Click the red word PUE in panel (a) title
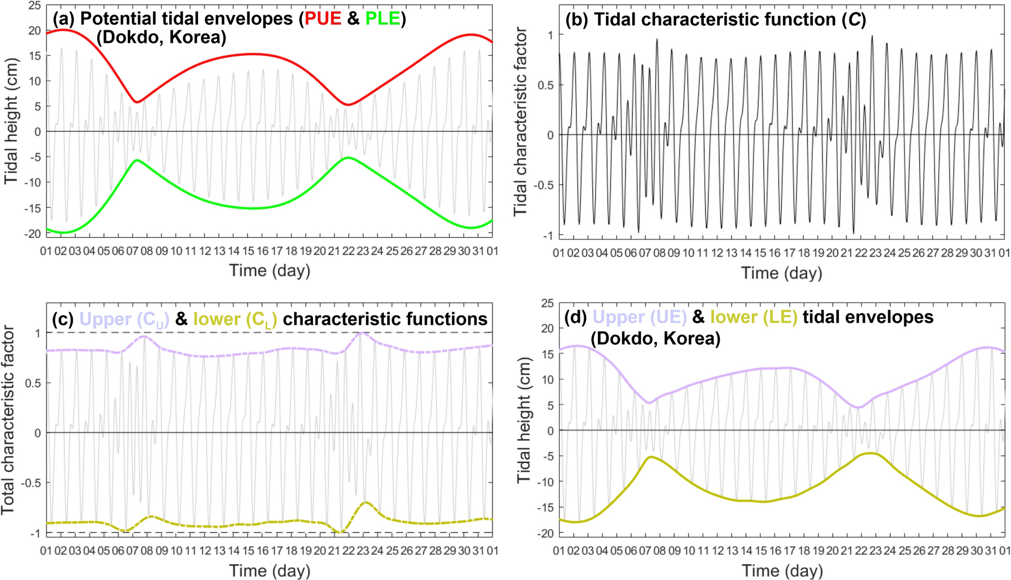click(x=323, y=19)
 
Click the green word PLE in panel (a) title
click(x=382, y=19)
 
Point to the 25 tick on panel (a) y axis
click(x=34, y=6)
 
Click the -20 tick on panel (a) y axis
click(x=33, y=233)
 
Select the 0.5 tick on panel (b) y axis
click(x=546, y=85)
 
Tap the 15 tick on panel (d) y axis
click(x=547, y=354)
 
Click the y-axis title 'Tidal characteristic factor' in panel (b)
click(x=520, y=121)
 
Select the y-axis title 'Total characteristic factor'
click(x=7, y=420)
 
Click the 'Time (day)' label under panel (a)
click(x=270, y=270)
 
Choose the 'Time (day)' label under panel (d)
click(x=782, y=570)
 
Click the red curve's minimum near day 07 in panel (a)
click(x=137, y=102)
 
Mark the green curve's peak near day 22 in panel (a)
click(x=348, y=158)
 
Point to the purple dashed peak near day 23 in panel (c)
click(x=361, y=333)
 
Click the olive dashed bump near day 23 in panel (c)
click(x=366, y=503)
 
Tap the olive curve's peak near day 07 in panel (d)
click(x=651, y=457)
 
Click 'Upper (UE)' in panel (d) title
click(x=639, y=317)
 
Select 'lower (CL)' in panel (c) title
click(x=235, y=319)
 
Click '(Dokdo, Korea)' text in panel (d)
click(x=655, y=339)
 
